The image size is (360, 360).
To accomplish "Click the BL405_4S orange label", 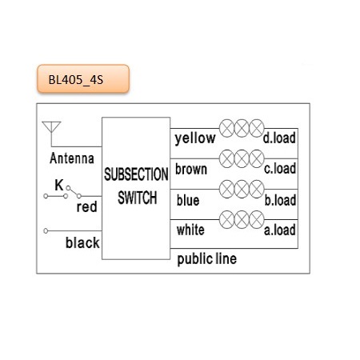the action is point(83,79).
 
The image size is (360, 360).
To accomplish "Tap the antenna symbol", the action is point(51,130).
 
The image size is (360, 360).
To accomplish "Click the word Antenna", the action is point(72,158).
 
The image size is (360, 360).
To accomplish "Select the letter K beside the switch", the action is point(59,185).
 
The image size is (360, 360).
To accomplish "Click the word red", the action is point(86,207).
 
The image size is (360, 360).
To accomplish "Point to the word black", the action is point(82,242).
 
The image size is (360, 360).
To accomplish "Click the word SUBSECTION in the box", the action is point(136,174).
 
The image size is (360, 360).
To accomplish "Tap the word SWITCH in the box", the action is point(138,198).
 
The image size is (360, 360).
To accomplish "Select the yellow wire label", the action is point(195,138).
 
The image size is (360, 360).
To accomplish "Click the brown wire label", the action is point(191,169).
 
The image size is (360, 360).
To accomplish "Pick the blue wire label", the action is point(188,200).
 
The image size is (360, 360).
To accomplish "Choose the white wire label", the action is point(190,230).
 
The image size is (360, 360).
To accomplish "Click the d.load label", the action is point(279,138).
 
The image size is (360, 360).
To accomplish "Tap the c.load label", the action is point(280,169).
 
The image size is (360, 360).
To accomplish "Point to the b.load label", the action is point(280,200).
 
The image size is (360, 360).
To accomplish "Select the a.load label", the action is point(280,230).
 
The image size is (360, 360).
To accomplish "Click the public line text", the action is point(206,259).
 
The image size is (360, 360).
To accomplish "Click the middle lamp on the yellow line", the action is point(242,128).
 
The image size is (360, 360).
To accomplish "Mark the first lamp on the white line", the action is point(227,219).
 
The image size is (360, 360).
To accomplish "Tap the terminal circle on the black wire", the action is point(46,230).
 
